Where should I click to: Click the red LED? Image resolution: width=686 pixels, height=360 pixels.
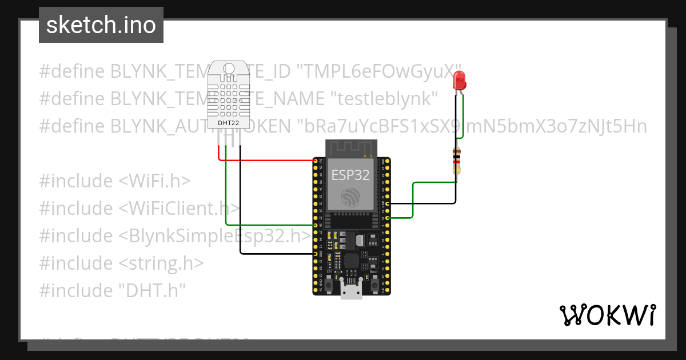tap(459, 81)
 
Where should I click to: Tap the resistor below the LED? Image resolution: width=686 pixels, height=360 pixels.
tap(456, 160)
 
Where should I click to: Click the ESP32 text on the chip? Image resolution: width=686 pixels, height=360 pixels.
tap(350, 175)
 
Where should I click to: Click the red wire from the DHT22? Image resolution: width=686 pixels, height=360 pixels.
tap(263, 160)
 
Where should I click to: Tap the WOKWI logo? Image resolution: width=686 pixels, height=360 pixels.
tap(607, 314)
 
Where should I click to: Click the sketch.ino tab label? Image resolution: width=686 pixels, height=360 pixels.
tap(101, 25)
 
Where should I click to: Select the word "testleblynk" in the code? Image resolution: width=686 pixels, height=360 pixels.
tap(385, 99)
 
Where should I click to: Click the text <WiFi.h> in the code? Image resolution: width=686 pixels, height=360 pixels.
tap(154, 181)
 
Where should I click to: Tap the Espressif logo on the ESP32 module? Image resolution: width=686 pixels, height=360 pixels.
tap(350, 198)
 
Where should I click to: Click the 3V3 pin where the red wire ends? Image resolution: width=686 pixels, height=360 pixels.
tap(316, 161)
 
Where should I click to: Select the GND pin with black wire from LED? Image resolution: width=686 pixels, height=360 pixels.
tap(388, 203)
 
